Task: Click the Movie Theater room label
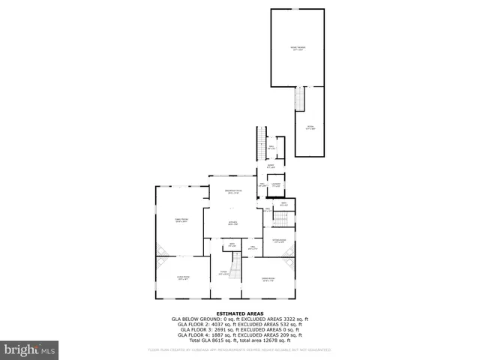[x=298, y=48]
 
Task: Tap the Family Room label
[x=181, y=220]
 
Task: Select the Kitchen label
[x=233, y=223]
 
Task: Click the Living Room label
[x=182, y=277]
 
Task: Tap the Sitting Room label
[x=278, y=241]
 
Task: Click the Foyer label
[x=223, y=273]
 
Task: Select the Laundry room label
[x=276, y=184]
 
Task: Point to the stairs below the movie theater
[x=299, y=98]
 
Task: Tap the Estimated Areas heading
[x=239, y=313]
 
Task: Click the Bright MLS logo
[x=30, y=349]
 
